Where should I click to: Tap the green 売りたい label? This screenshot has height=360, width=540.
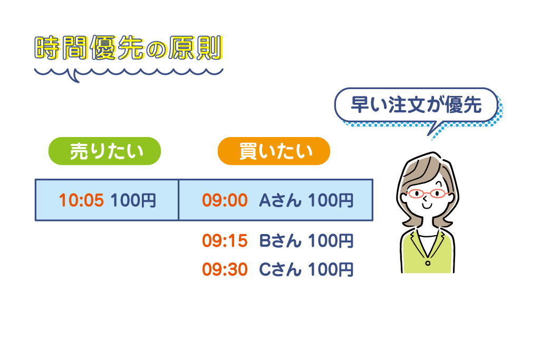point(104,151)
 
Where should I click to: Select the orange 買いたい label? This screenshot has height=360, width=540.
point(274,151)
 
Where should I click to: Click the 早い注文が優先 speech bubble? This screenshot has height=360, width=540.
point(416,105)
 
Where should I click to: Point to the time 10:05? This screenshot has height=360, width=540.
point(81,200)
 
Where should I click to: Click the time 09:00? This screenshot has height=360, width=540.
point(225,200)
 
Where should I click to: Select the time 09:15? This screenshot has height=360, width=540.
point(225,241)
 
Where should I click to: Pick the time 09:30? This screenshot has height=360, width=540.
point(225,269)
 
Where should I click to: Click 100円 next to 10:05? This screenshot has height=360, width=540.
point(133,200)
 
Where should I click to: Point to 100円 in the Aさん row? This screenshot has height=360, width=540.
point(330,200)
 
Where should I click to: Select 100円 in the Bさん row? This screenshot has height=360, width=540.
point(330,241)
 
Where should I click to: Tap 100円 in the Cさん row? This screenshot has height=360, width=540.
point(330,269)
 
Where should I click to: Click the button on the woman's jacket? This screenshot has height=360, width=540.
point(428,262)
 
